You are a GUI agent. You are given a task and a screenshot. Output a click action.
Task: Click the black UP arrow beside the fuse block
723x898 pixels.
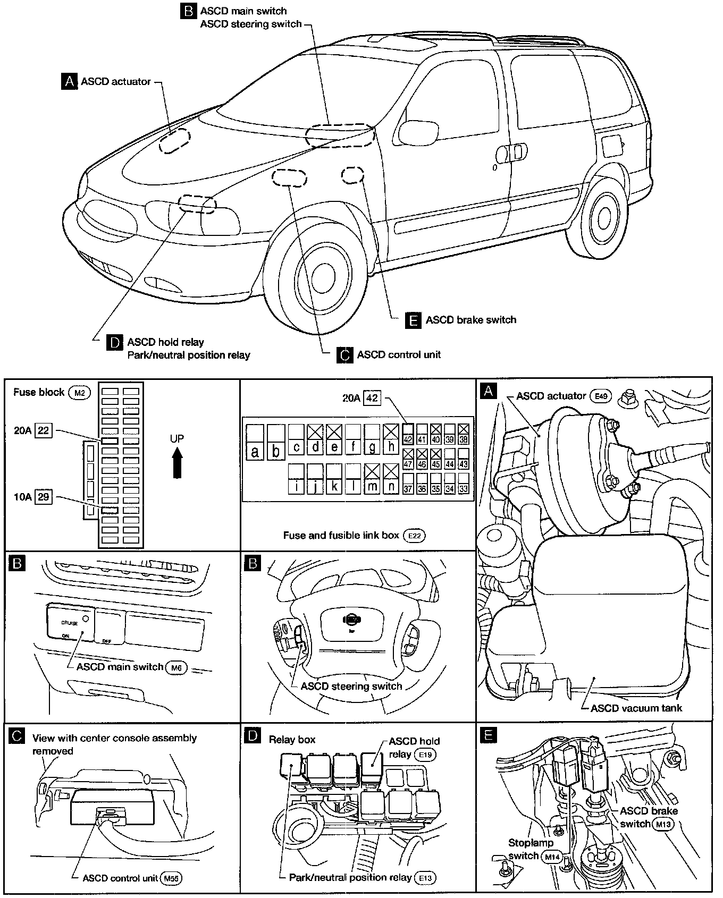(177, 462)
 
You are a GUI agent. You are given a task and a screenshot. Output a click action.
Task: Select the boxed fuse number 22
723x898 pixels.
(43, 430)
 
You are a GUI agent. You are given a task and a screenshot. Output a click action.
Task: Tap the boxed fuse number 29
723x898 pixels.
(43, 497)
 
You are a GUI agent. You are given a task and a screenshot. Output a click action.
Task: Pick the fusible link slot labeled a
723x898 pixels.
(255, 443)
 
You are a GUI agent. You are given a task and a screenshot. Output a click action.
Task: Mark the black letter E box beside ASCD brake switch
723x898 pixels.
(413, 320)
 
